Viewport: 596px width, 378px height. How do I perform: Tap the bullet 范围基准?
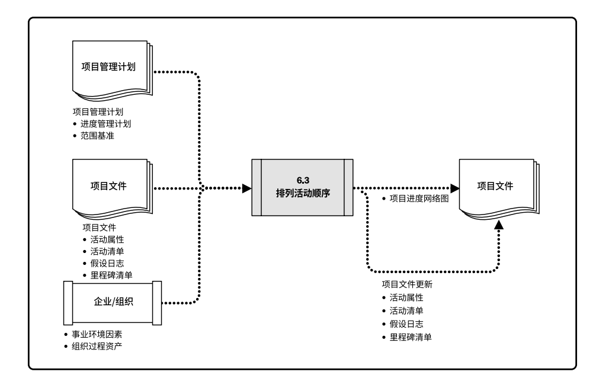click(x=98, y=136)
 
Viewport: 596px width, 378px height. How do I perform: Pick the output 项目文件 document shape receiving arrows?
click(x=495, y=187)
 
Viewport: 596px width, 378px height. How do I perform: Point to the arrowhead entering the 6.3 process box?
click(x=247, y=188)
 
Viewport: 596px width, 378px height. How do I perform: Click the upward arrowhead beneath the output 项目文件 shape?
click(x=499, y=225)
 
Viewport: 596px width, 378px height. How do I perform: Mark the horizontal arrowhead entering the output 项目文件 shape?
click(x=454, y=188)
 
